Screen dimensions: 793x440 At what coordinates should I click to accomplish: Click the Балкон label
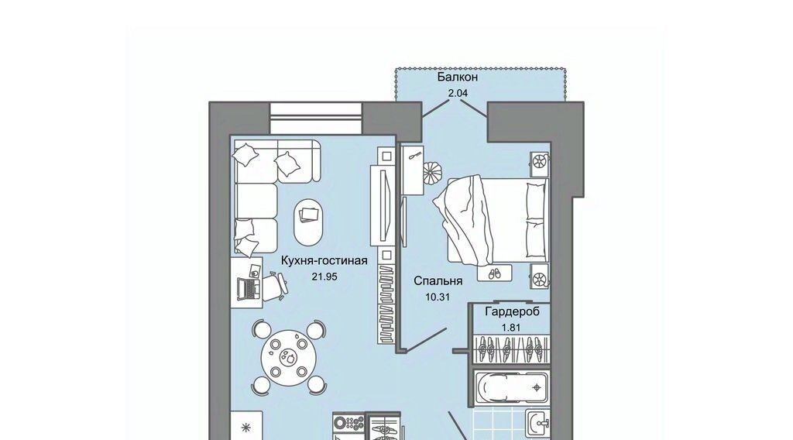click(457, 77)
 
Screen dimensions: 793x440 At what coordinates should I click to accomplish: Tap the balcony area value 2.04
click(458, 93)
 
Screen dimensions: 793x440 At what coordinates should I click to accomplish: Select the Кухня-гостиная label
click(324, 261)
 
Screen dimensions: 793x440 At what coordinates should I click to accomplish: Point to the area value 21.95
click(324, 277)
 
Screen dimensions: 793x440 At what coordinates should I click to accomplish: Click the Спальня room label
click(438, 280)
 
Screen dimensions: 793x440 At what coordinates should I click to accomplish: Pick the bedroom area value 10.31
click(438, 297)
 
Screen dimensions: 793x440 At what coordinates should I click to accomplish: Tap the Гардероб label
click(513, 311)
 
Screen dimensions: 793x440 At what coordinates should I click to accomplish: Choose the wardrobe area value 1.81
click(511, 328)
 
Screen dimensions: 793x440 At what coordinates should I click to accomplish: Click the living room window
click(316, 118)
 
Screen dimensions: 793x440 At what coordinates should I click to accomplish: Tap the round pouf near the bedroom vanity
click(432, 172)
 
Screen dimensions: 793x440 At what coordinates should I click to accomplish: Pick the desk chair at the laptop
click(276, 284)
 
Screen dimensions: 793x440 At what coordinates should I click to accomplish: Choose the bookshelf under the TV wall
click(386, 304)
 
